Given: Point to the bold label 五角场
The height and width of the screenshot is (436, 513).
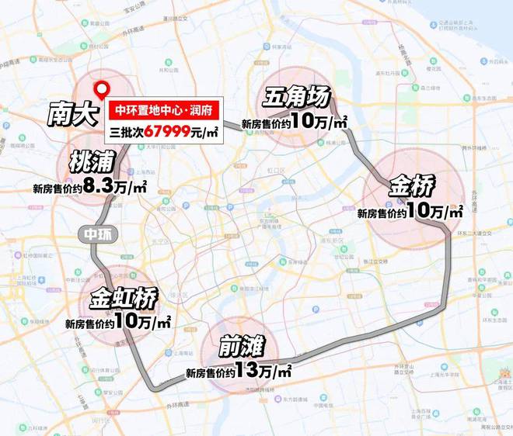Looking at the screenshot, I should (x=296, y=99).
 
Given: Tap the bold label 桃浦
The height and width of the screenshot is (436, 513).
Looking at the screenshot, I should (x=92, y=162).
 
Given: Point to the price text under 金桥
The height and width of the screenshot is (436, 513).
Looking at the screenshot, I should (x=410, y=212).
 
